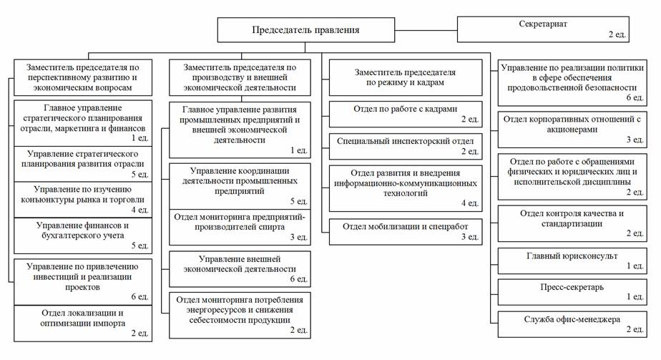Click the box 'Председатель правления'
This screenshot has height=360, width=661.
coord(306,30)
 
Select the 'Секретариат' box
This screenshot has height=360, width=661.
coord(543,29)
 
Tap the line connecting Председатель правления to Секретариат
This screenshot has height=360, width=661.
coord(426,30)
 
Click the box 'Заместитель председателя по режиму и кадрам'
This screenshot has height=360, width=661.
coord(405,77)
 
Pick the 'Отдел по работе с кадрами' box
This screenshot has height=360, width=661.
coord(405,114)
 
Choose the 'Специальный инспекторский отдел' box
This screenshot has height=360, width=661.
coord(405,146)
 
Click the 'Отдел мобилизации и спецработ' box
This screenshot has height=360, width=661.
coord(405,231)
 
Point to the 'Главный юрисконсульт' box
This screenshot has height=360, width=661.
coord(572,261)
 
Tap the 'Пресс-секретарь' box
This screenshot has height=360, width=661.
coord(572,292)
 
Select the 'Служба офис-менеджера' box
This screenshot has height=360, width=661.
coord(572,324)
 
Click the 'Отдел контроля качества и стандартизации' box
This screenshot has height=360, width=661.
coord(572,223)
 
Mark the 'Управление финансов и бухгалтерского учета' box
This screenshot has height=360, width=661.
coord(83,235)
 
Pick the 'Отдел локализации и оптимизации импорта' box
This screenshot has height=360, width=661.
coord(83,323)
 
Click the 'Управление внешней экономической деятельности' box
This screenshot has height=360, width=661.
coord(240,269)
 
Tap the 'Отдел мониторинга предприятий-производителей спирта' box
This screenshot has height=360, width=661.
coord(240,227)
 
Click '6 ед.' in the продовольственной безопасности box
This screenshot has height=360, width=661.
coord(635,97)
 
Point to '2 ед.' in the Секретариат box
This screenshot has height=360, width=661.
coord(617,34)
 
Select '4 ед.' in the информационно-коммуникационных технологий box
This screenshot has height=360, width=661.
coord(469,203)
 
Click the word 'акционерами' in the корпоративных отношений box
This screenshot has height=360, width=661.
coord(572,130)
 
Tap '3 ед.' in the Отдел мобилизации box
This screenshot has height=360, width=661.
coord(469,237)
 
